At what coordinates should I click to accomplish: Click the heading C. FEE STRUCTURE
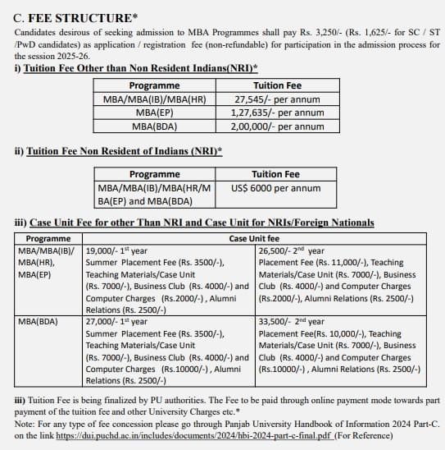72,17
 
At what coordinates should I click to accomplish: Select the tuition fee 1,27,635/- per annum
277,112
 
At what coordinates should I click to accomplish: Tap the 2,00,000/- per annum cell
277,126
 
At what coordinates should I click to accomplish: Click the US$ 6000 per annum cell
270,188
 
